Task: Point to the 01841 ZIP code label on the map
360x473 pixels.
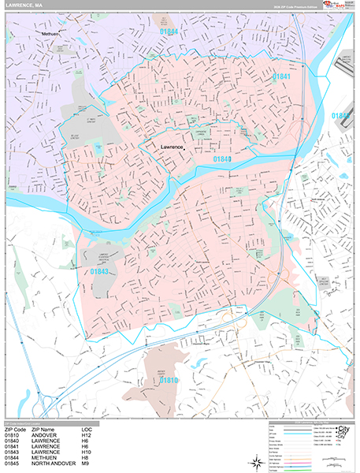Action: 282,76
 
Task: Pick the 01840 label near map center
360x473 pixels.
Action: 223,159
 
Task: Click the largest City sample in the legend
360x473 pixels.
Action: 341,429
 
